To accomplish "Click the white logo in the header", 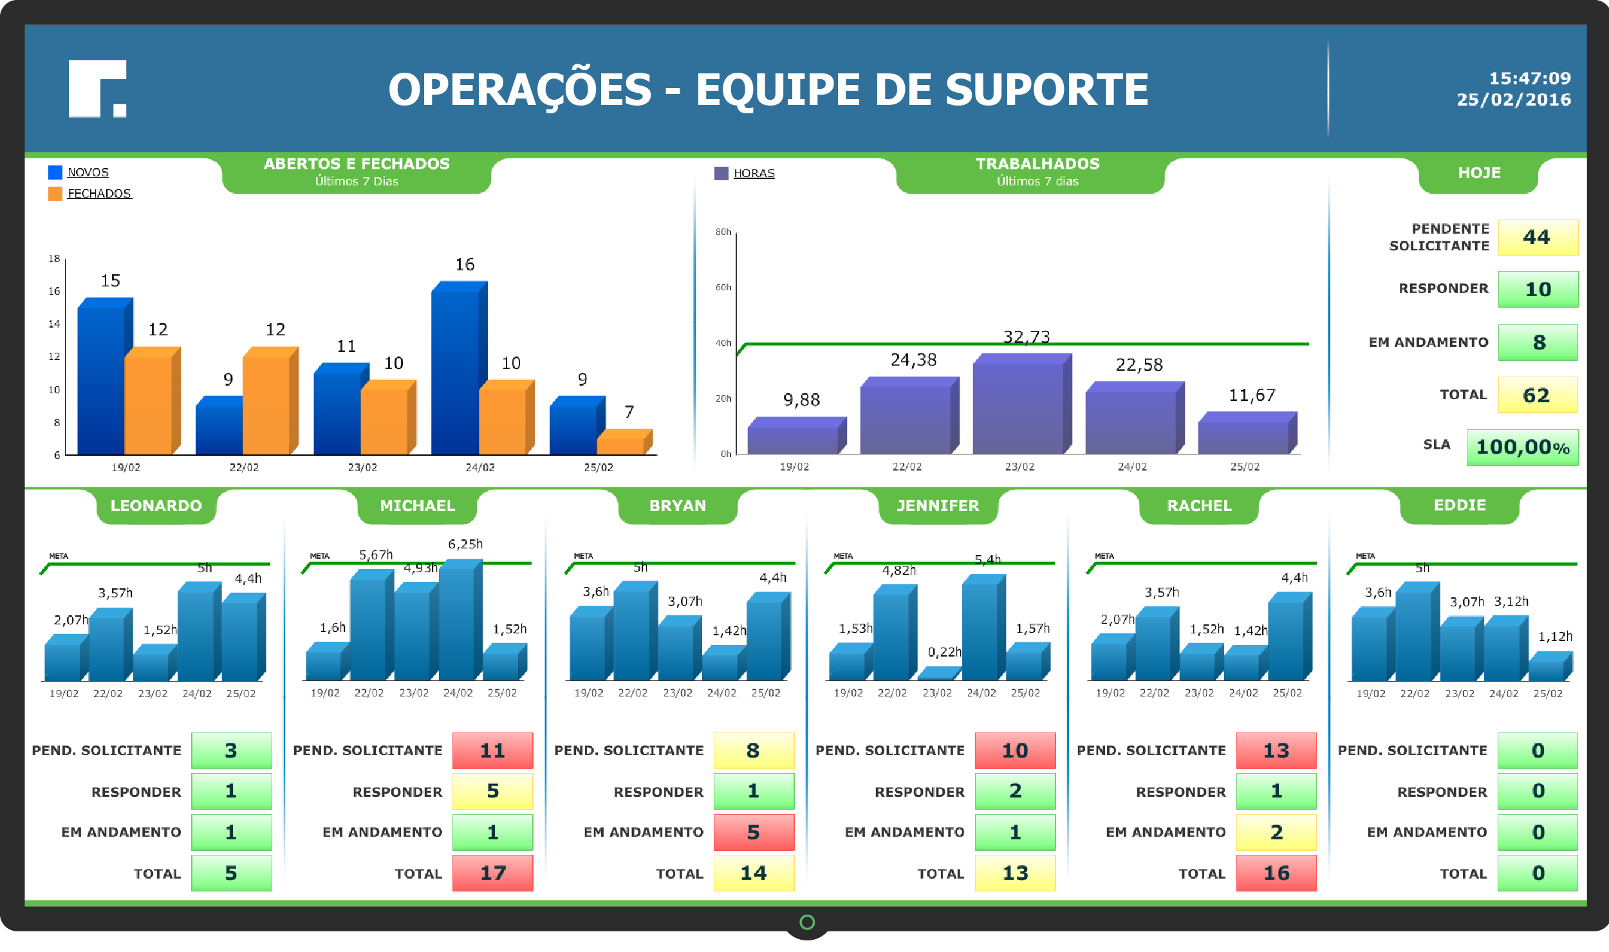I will pos(97,89).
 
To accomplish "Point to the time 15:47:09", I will pos(1529,79).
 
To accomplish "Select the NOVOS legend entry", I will pos(88,173).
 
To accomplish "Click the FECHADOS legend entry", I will pos(98,194).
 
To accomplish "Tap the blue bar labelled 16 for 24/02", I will pos(455,370).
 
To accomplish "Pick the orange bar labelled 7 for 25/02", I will pos(621,445).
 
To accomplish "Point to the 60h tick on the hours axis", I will pos(723,288).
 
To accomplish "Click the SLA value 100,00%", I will pos(1522,447).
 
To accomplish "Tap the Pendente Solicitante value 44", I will pos(1537,238).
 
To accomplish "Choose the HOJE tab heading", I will pos(1478,173).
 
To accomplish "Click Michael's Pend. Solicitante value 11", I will pos(492,751).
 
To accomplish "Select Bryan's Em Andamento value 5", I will pos(753,832).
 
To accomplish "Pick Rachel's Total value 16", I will pos(1276,873).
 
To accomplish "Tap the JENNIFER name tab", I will pos(938,506).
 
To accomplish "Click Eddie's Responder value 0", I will pos(1538,791).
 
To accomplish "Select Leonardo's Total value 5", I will pos(231,873).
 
